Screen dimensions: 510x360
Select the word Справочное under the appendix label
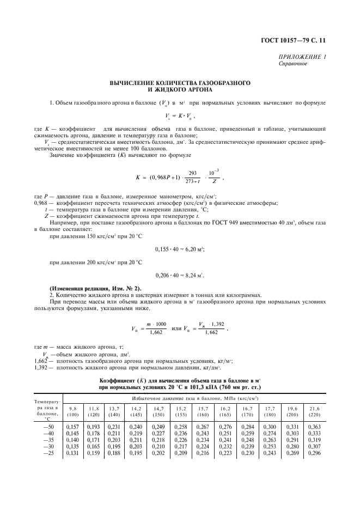[293, 63]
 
